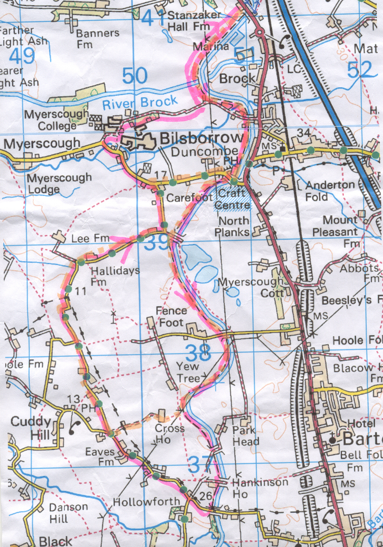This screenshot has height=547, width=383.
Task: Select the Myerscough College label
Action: (56, 120)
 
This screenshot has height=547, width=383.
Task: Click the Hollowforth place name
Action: (146, 501)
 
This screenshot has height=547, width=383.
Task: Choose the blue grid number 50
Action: (135, 76)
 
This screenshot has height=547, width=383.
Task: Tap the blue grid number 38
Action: (198, 353)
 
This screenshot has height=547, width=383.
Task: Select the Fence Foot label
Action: (171, 317)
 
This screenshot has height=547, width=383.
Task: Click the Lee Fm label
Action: (90, 239)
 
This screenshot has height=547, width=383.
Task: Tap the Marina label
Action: (211, 47)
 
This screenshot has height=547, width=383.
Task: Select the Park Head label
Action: (246, 436)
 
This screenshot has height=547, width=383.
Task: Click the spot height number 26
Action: (205, 496)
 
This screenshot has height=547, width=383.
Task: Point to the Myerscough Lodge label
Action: (59, 183)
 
